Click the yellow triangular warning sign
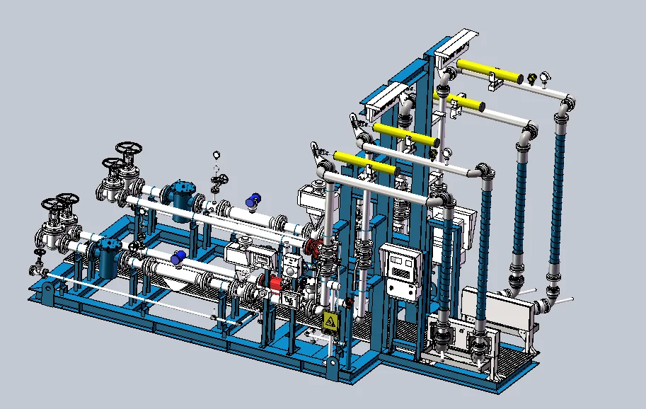coord(330,322)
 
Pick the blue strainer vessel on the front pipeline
coord(108,258)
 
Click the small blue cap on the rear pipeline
coord(253,201)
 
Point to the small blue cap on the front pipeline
coord(179,257)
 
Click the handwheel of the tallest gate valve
coord(129,151)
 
